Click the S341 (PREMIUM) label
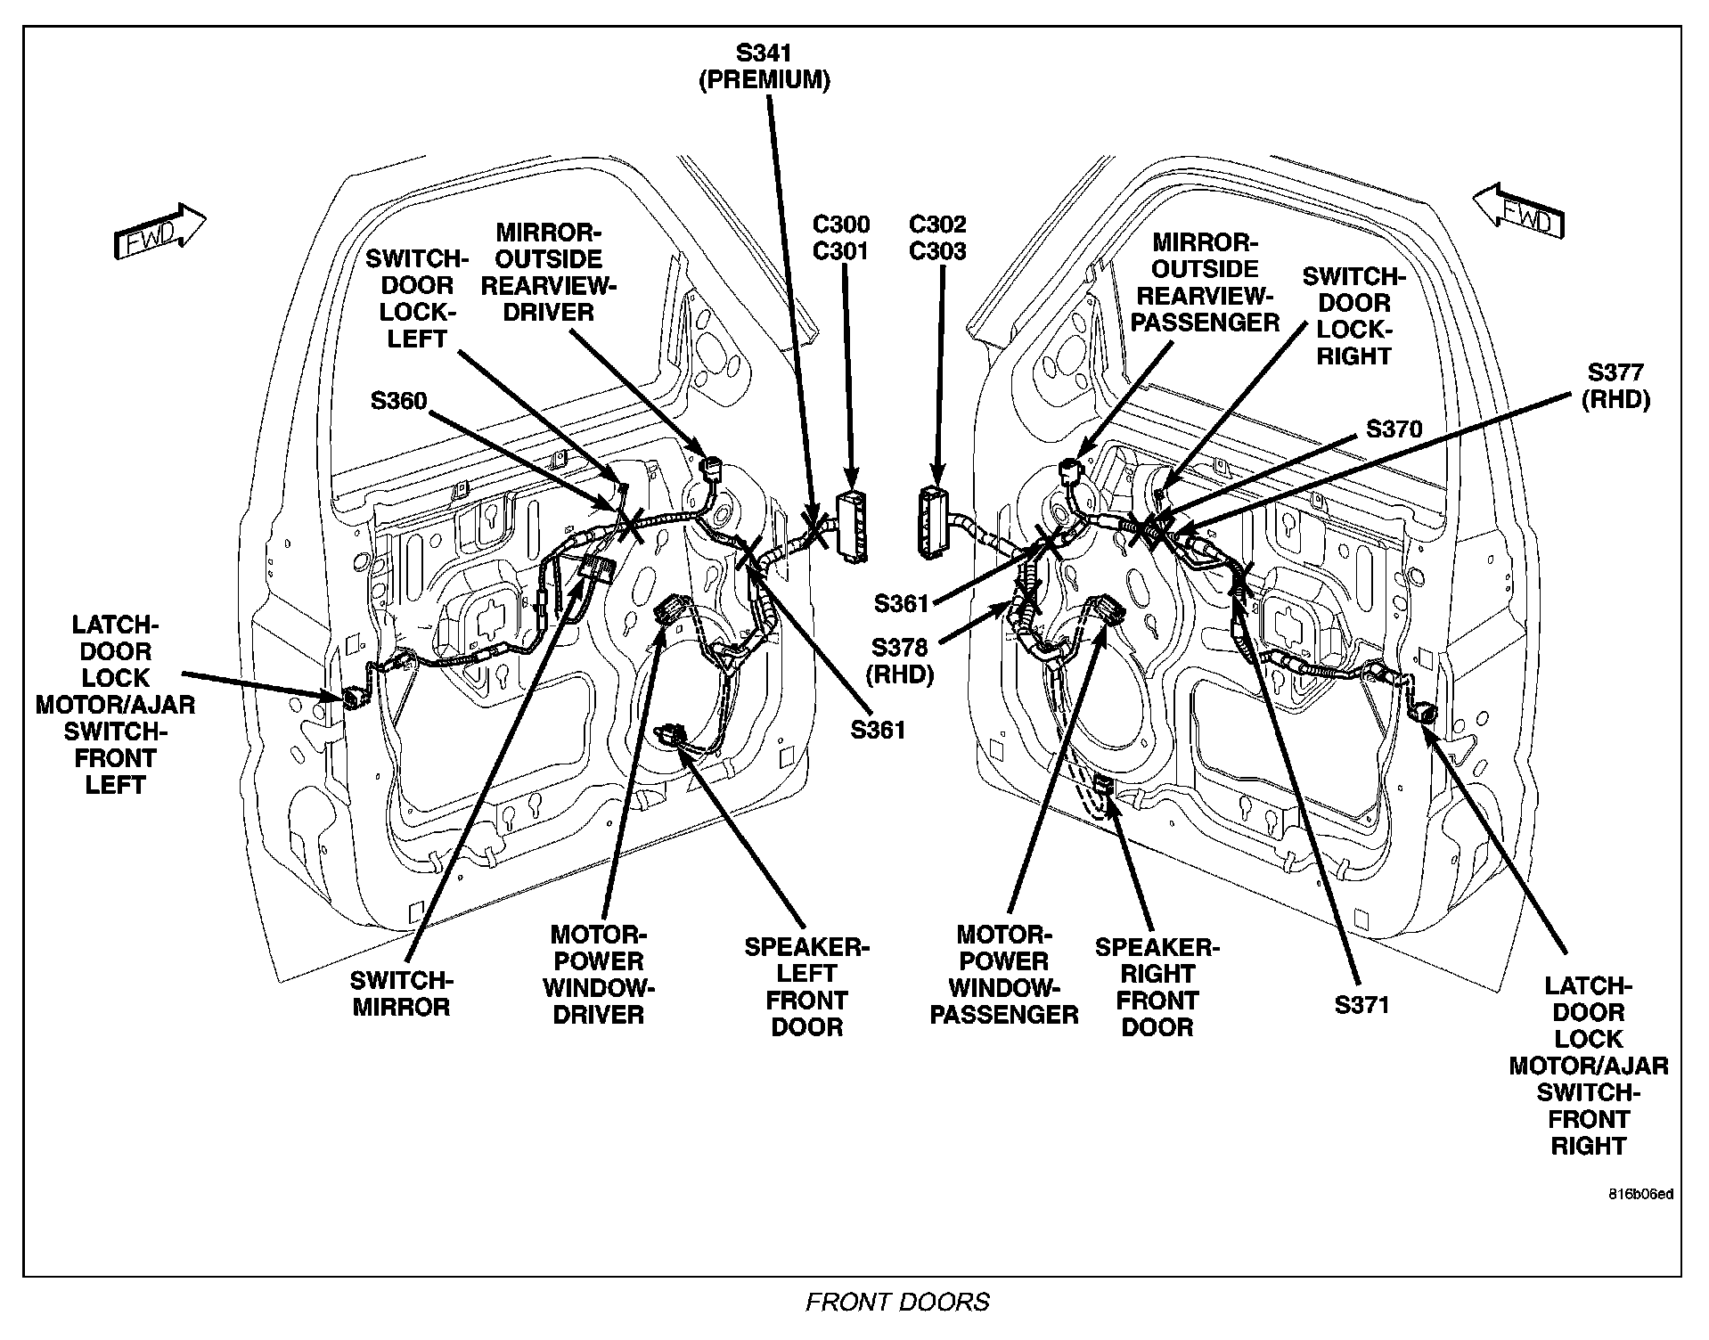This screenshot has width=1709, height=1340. coord(765,67)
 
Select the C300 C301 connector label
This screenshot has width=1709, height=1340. coord(841,238)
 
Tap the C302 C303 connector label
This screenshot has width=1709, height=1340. coord(937,238)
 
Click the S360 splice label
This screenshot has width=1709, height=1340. coord(399,401)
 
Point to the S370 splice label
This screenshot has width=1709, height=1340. coord(1394,429)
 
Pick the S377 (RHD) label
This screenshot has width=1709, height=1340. coord(1615,386)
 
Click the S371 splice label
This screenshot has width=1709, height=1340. coord(1362,1005)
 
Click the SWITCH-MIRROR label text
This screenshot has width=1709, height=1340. coord(401,993)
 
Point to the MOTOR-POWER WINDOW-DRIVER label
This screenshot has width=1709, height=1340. coord(599,975)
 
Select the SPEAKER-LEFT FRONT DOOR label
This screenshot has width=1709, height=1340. coord(806,986)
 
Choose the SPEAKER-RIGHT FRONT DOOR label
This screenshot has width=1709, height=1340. coord(1157,987)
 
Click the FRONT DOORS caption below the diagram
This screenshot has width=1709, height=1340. coord(897,1303)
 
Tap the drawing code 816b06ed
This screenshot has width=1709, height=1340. coord(1640,1194)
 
